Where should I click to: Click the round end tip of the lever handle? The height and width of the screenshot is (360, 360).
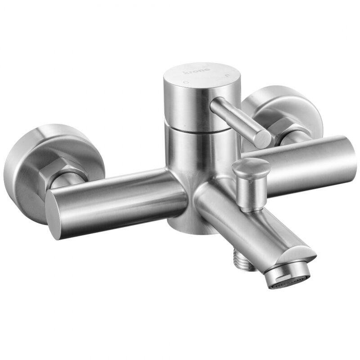(x=263, y=138)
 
